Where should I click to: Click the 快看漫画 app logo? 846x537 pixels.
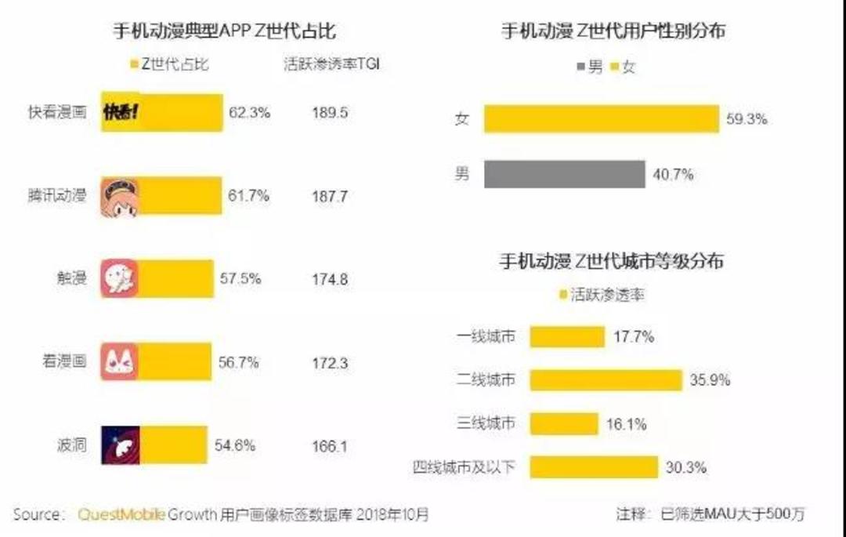121,112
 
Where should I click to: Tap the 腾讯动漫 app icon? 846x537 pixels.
119,197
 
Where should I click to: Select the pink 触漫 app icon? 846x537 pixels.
119,279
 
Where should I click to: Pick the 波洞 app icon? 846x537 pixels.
120,445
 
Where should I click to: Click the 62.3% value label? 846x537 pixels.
249,112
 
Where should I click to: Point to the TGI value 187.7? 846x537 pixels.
329,197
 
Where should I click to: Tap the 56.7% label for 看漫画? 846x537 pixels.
239,363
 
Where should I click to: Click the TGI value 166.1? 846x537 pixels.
329,446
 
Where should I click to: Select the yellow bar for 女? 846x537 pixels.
601,119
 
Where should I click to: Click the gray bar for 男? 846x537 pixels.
564,174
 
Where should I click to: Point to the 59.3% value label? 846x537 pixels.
747,119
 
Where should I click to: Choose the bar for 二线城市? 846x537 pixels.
606,380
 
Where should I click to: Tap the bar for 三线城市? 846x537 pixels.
563,424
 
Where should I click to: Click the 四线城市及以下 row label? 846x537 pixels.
465,467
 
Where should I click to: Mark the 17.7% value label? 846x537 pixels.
633,337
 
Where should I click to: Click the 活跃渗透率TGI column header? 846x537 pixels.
331,65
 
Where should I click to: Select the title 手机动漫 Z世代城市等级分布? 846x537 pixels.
611,261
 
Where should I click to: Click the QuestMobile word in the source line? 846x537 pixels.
121,515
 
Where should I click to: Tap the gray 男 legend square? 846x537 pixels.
580,67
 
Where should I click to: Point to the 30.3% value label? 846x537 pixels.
686,467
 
